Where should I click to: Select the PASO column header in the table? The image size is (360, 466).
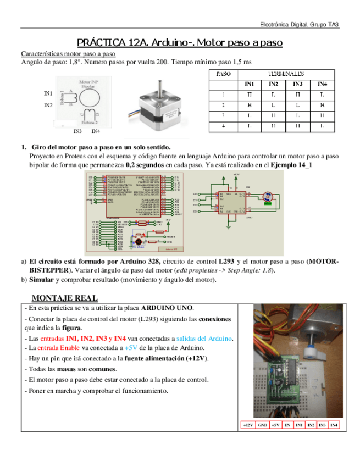[x=223, y=73]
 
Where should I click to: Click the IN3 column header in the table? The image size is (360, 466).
[x=297, y=84]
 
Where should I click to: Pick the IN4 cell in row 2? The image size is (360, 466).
[x=322, y=105]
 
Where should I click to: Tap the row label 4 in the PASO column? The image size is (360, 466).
[x=223, y=126]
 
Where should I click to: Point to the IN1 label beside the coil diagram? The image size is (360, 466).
[x=48, y=93]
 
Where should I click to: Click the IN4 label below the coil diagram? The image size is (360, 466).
[x=96, y=131]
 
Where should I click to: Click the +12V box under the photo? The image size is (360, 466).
[x=248, y=425]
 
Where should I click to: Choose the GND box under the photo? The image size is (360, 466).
[x=262, y=425]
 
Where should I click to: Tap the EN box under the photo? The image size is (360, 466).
[x=287, y=425]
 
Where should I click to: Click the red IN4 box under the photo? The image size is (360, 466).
[x=334, y=425]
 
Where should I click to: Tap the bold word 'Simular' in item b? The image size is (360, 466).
[x=41, y=279]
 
